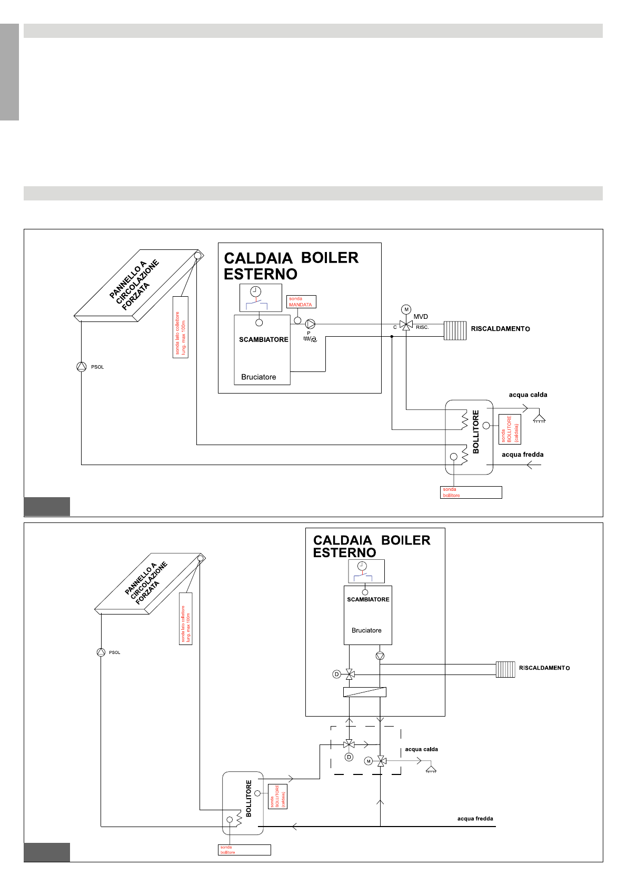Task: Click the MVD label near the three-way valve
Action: point(421,317)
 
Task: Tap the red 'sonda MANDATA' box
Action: point(301,301)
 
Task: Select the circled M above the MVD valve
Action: point(406,309)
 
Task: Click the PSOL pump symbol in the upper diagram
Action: point(81,367)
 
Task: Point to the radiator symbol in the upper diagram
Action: point(455,330)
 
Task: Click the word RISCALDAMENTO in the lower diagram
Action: point(544,668)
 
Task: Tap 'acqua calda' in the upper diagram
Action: point(528,395)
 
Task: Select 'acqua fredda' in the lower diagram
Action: point(475,819)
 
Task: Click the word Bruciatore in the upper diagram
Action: point(258,377)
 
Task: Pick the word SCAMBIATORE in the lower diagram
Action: point(368,600)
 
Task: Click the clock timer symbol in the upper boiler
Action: point(256,291)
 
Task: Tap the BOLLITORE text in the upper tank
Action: point(476,431)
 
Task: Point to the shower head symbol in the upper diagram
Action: point(539,419)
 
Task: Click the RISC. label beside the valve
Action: point(422,327)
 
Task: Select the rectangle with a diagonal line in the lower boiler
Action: point(365,692)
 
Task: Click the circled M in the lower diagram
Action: point(369,761)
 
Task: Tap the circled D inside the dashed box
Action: point(349,757)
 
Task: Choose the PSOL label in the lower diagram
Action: point(114,652)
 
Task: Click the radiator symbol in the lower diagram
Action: point(505,669)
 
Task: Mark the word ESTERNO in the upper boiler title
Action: point(261,274)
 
